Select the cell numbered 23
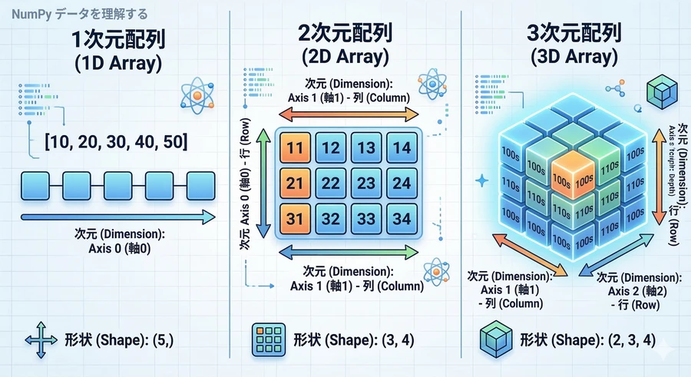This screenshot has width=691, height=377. tap(367, 183)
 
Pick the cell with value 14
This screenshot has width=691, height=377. tap(402, 147)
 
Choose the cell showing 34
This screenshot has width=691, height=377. tap(402, 219)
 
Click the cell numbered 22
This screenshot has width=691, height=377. tap(332, 183)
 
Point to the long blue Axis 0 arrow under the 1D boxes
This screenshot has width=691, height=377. tap(115, 217)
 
